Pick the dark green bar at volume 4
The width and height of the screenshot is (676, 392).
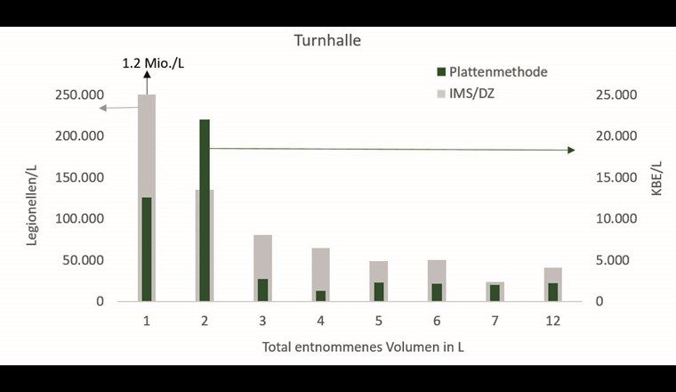320,296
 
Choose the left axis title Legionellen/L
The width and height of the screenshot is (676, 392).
32,199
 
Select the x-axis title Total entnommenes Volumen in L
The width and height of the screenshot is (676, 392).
363,347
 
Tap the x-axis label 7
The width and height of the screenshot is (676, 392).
495,320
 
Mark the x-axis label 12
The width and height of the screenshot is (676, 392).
553,320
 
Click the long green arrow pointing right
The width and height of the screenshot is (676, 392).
391,149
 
